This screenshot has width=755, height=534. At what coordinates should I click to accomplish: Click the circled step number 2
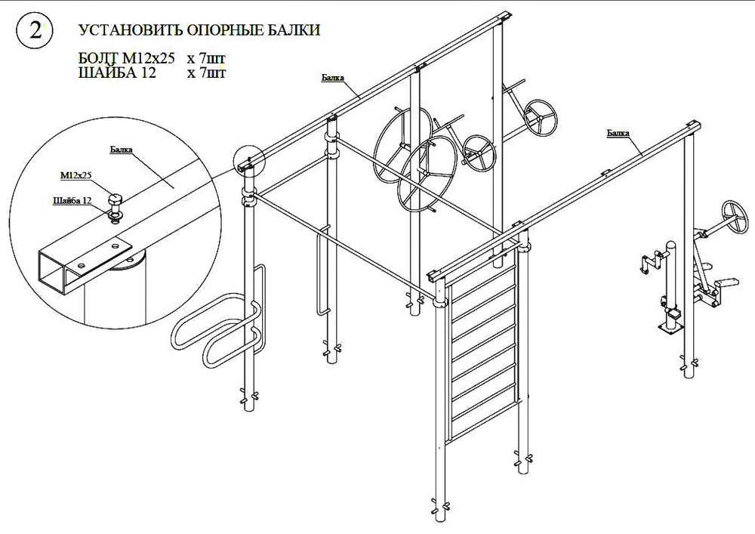[35, 30]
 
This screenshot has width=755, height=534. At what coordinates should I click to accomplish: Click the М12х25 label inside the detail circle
[75, 176]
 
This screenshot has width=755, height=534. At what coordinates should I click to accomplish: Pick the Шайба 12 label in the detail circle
[72, 200]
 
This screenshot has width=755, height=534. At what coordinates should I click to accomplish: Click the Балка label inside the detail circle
[121, 150]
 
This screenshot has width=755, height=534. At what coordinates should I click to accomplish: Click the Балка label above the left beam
[333, 78]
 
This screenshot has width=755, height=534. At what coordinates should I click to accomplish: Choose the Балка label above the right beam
[618, 133]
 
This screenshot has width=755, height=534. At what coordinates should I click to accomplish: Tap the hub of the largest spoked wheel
[401, 144]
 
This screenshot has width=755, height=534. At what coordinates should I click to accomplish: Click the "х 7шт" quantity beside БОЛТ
[206, 59]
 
